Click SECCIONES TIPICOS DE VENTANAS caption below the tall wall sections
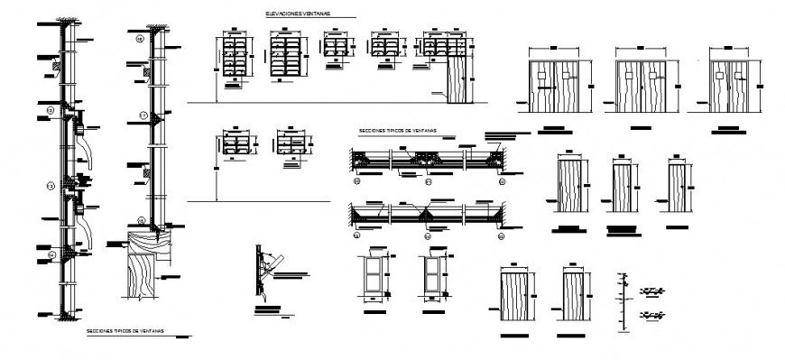click(125, 332)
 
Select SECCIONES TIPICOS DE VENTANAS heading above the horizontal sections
click(397, 130)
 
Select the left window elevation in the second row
click(237, 146)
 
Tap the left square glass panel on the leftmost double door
click(540, 76)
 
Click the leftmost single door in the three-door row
click(568, 186)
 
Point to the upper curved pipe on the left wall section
click(83, 140)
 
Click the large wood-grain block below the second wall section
click(148, 280)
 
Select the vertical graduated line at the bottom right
click(622, 303)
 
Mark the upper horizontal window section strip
click(429, 160)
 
